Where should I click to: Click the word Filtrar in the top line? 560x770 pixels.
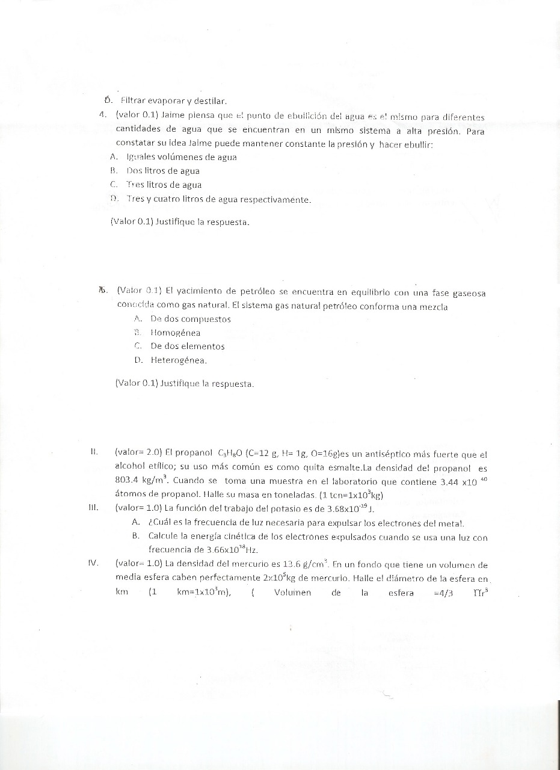tap(134, 100)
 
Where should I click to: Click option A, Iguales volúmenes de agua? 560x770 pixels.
tap(181, 157)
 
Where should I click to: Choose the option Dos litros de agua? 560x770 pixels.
tap(163, 171)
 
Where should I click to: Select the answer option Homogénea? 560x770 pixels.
tap(176, 333)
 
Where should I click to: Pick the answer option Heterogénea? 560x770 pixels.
tap(179, 360)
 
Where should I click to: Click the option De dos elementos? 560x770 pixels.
tap(187, 346)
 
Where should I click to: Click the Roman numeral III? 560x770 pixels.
tap(93, 507)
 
